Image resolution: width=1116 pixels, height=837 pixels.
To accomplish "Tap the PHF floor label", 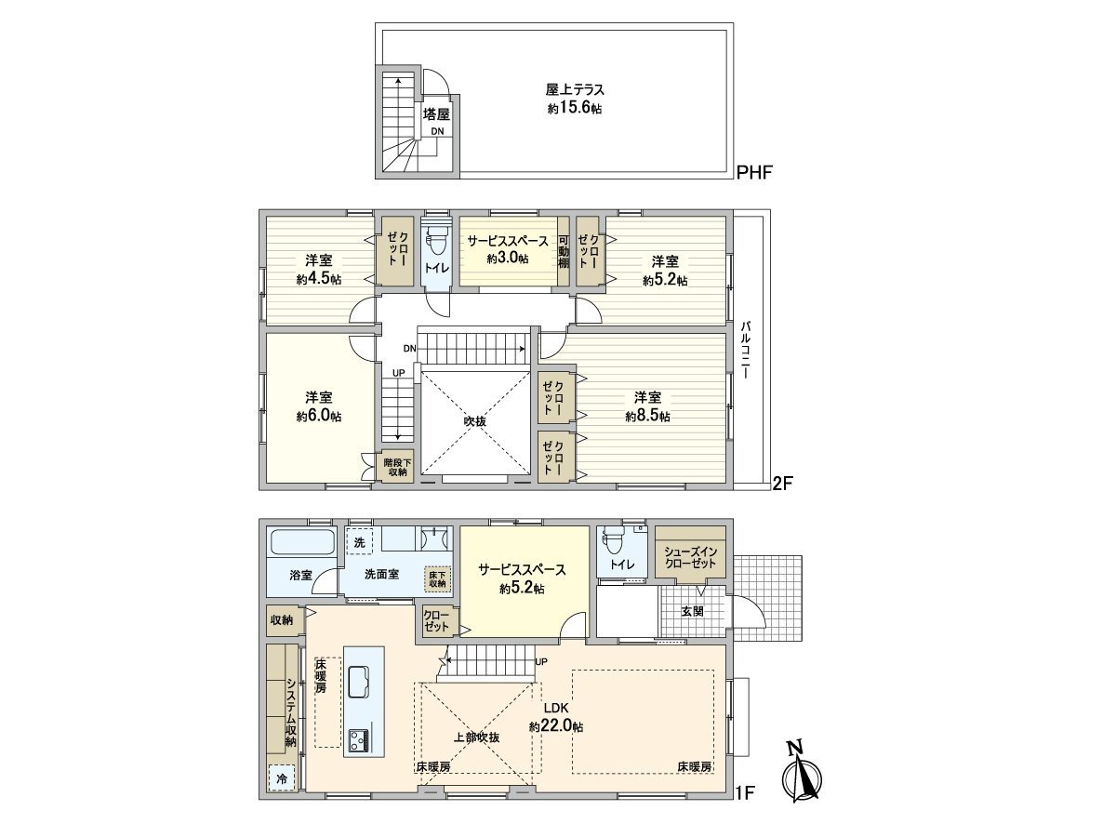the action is pos(754,172).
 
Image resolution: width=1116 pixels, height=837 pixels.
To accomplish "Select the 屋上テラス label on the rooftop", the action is pos(575,90).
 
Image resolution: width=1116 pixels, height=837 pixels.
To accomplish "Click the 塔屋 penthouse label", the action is pos(436,113).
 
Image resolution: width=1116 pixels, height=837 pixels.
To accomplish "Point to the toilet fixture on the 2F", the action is pos(436,243).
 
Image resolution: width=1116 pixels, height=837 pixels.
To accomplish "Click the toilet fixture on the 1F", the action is pos(612,542).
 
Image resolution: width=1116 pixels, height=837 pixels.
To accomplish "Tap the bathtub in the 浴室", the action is pos(302,542).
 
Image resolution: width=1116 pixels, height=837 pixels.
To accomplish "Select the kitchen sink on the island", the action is pos(359,682).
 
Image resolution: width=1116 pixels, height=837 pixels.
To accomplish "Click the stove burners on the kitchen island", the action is pos(359,740).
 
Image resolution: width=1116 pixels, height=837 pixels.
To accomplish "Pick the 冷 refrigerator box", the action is pos(282,779).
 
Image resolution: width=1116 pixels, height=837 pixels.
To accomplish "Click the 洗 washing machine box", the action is pos(360,541).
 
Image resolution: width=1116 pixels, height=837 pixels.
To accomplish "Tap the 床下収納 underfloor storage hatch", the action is pos(437,578).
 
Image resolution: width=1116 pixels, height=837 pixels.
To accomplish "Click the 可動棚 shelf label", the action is pos(564,251).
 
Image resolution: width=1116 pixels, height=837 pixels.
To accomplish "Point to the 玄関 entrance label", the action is pos(692,611).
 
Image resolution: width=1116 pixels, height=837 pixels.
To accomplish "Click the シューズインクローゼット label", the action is pos(691,557).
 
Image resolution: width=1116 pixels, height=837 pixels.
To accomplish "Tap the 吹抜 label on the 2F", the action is pos(475,420).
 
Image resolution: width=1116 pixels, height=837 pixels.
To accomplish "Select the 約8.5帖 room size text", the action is pos(647,417).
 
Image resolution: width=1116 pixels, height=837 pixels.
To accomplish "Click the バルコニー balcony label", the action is pos(746,349).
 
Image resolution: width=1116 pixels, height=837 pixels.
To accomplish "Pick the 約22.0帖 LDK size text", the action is pos(556,726).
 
